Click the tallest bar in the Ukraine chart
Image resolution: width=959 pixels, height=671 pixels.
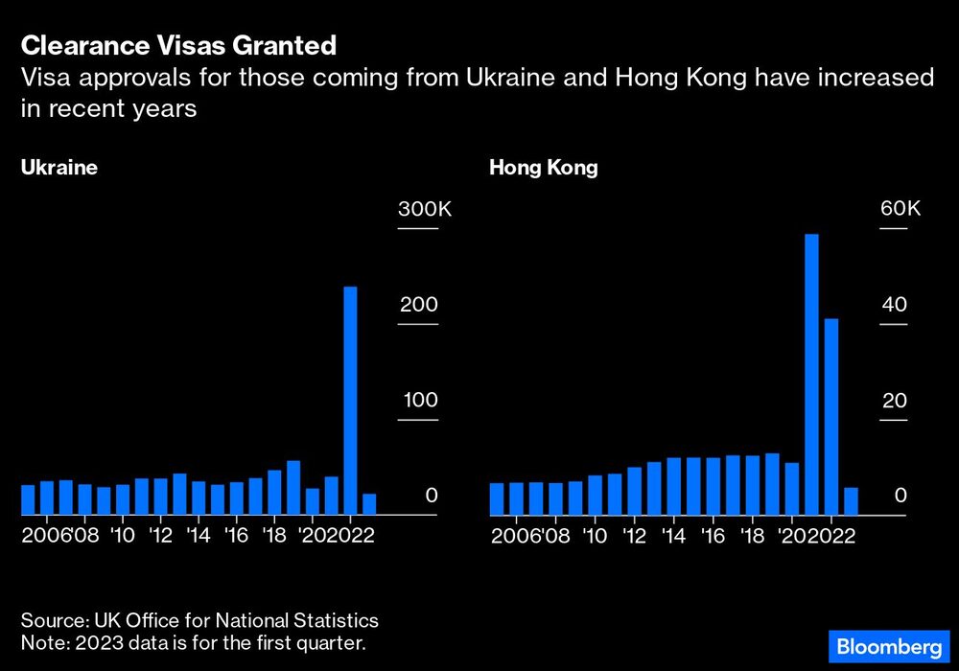(x=350, y=401)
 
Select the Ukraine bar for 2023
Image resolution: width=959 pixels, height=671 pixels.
(x=369, y=504)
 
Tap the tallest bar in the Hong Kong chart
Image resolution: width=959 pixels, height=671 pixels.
(x=811, y=375)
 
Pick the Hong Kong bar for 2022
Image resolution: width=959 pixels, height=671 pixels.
(x=831, y=417)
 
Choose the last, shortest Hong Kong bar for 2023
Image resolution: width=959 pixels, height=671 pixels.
(x=851, y=501)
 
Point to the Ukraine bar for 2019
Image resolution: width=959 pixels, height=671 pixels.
(x=293, y=488)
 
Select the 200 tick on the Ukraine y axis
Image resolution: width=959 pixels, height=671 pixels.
(x=418, y=305)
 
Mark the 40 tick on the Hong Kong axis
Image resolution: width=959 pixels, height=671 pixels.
(x=894, y=305)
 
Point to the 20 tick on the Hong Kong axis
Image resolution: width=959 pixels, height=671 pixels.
(x=894, y=401)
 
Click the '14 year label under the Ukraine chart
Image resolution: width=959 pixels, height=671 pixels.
(x=199, y=535)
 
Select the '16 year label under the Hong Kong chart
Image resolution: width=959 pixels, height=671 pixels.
(x=713, y=535)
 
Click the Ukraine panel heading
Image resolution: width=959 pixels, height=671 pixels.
(x=59, y=168)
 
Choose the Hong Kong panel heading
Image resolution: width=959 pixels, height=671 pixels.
(x=544, y=168)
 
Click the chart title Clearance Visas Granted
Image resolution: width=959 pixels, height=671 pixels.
(x=178, y=45)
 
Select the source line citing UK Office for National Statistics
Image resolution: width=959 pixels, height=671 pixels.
(x=199, y=620)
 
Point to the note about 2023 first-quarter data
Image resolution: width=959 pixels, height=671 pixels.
(x=193, y=642)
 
